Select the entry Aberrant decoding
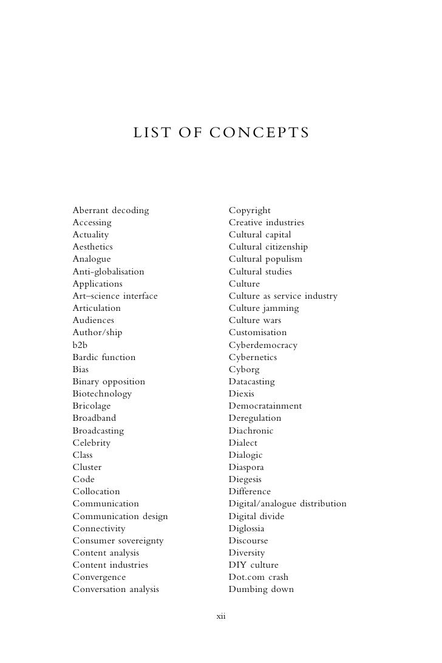tap(110, 211)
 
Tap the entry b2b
tap(80, 345)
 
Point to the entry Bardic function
tap(104, 358)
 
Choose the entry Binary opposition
tap(109, 382)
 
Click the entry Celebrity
tap(91, 443)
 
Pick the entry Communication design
tap(120, 517)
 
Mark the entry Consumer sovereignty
tap(118, 541)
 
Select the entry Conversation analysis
tap(115, 590)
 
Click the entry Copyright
tap(250, 211)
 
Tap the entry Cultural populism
tap(265, 259)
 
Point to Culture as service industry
tap(283, 296)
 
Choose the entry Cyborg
tap(244, 370)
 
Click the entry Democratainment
tap(265, 406)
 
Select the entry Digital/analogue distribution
tap(287, 504)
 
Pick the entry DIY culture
tap(253, 565)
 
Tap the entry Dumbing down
tap(261, 590)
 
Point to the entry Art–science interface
tap(115, 296)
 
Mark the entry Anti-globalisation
tap(108, 272)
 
